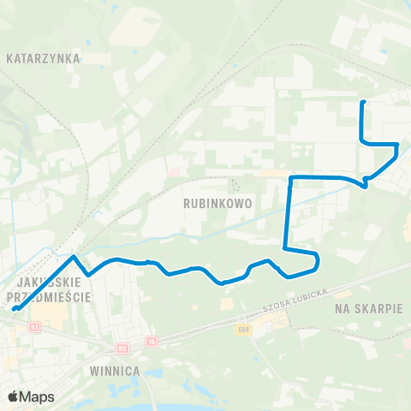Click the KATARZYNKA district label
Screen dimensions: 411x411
pyautogui.click(x=42, y=59)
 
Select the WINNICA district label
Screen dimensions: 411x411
pyautogui.click(x=114, y=371)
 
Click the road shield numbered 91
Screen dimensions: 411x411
pyautogui.click(x=34, y=326)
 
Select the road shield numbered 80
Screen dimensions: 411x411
pyautogui.click(x=122, y=348)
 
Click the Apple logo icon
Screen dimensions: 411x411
pyautogui.click(x=13, y=396)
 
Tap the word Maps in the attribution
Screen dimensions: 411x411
pyautogui.click(x=37, y=396)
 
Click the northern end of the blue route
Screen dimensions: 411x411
pyautogui.click(x=363, y=103)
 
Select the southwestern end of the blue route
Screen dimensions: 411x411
pyautogui.click(x=15, y=307)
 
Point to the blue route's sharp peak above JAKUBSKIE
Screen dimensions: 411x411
pyautogui.click(x=74, y=256)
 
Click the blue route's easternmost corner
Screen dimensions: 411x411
pyautogui.click(x=397, y=147)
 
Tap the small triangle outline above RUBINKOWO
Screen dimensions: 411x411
pyautogui.click(x=235, y=184)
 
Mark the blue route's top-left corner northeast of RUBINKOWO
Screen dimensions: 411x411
pyautogui.click(x=291, y=178)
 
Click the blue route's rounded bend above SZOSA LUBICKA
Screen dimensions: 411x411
pyautogui.click(x=316, y=259)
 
